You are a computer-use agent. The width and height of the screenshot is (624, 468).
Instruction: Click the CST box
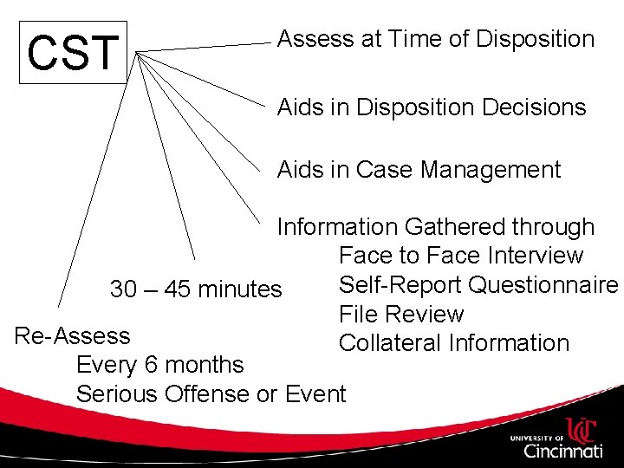[73, 53]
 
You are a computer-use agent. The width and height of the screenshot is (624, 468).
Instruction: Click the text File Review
[401, 314]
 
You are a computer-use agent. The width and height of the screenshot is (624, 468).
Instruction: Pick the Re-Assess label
[73, 335]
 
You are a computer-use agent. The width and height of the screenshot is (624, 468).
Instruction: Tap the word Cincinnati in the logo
[562, 451]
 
